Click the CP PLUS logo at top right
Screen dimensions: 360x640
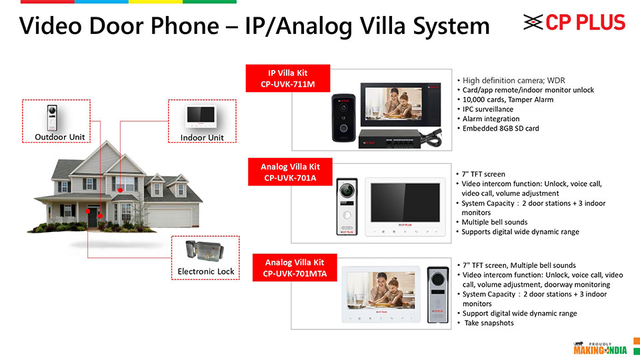[x=575, y=23]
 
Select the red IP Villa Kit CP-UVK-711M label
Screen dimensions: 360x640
[x=288, y=79]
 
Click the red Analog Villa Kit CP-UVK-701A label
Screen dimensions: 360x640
[x=290, y=172]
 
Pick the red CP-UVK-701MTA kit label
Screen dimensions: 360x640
[x=294, y=268]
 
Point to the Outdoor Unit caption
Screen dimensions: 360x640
[x=59, y=137]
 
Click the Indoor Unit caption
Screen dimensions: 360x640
[x=202, y=138]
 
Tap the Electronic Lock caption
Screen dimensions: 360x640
[x=206, y=271]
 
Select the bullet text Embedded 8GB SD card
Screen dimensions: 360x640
[x=501, y=128]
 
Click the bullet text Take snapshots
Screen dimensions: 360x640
[x=489, y=323]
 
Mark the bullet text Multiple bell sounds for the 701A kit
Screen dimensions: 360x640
[x=495, y=222]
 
